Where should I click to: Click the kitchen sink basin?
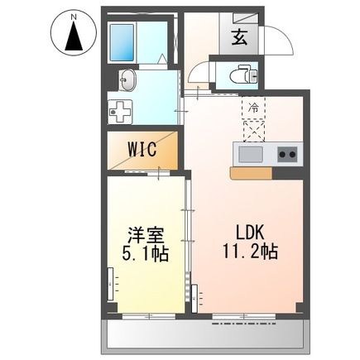tap(251, 153)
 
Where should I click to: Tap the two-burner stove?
tap(286, 153)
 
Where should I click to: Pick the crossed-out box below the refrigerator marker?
tap(252, 130)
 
